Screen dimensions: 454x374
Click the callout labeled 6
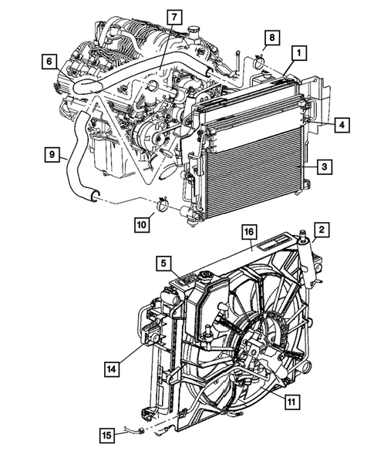point(48,60)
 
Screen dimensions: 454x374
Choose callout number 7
point(174,16)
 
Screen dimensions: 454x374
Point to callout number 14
point(111,369)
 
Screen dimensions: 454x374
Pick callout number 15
point(110,436)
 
